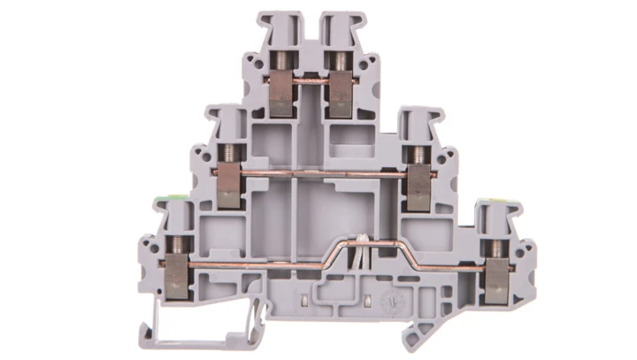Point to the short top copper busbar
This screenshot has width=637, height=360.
[x=309, y=82]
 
